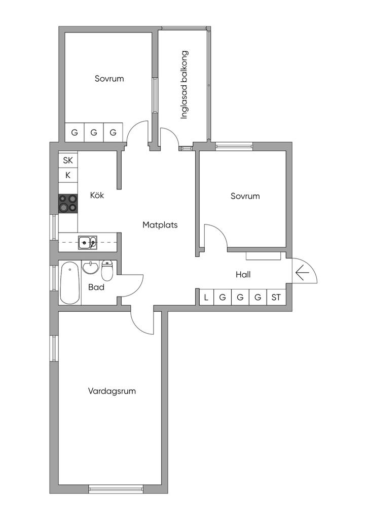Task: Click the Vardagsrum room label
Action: pyautogui.click(x=112, y=391)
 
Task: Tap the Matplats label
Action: pyautogui.click(x=160, y=225)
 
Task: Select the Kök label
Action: pyautogui.click(x=97, y=195)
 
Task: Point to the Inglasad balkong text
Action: pyautogui.click(x=185, y=85)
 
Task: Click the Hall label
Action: pyautogui.click(x=243, y=275)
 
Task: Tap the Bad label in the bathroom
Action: pyautogui.click(x=96, y=287)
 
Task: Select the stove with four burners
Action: pyautogui.click(x=68, y=203)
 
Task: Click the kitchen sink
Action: pyautogui.click(x=88, y=242)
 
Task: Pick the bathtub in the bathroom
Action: pyautogui.click(x=70, y=282)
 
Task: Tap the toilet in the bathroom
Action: pyautogui.click(x=107, y=270)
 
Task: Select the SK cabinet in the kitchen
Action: pyautogui.click(x=68, y=160)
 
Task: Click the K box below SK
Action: pyautogui.click(x=68, y=175)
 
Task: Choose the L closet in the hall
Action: pyautogui.click(x=206, y=298)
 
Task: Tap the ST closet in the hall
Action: pyautogui.click(x=276, y=298)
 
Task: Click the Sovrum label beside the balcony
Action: pyautogui.click(x=109, y=79)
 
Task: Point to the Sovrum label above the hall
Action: pyautogui.click(x=245, y=196)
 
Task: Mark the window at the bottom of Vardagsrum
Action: pyautogui.click(x=116, y=489)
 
